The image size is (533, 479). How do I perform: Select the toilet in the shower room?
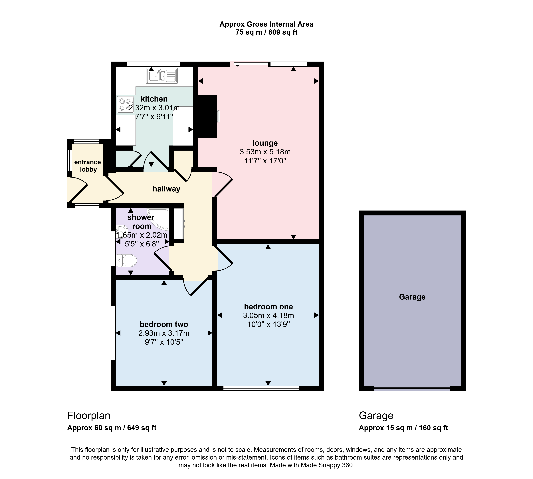126,261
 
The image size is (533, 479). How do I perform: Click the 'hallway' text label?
166,189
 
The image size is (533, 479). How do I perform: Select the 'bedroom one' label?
268,307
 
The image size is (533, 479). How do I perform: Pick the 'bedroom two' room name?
164,324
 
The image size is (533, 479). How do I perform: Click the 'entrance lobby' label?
88,166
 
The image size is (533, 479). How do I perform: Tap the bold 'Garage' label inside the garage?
412,297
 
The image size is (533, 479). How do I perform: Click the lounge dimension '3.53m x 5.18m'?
265,152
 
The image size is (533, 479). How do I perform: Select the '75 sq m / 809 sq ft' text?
266,32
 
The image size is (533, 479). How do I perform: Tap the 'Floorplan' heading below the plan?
89,416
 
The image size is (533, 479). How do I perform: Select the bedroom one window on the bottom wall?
261,388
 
